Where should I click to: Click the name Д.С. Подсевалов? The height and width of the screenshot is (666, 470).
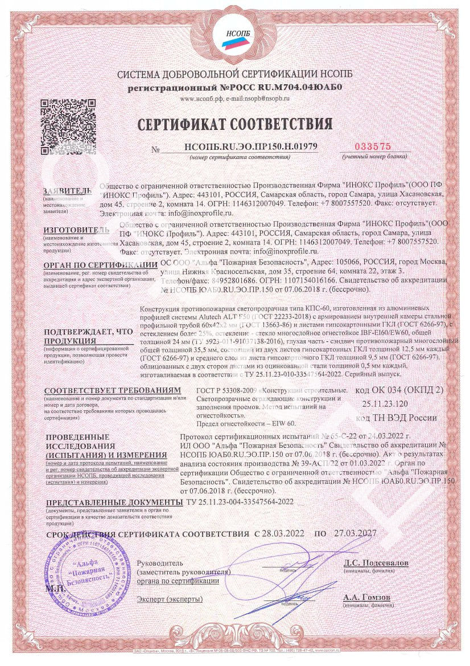[x=376, y=563]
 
